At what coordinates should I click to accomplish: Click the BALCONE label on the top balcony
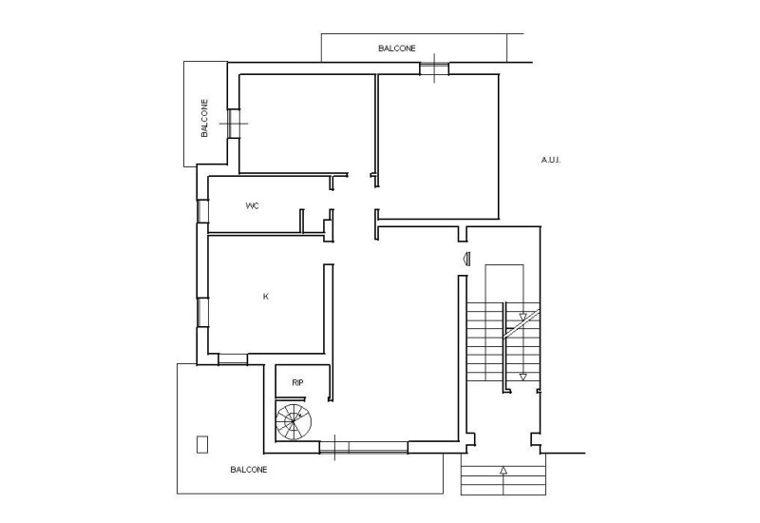(395, 48)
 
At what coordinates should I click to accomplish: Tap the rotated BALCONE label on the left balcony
(204, 120)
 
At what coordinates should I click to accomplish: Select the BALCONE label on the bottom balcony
(248, 470)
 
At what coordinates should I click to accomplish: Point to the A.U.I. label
(551, 160)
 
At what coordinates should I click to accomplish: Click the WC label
(252, 205)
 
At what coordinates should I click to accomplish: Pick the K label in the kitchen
(265, 297)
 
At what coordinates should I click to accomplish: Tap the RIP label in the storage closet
(297, 382)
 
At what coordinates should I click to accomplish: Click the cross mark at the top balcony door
(434, 68)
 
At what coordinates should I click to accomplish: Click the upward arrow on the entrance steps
(503, 470)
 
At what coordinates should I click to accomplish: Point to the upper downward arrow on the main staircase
(522, 316)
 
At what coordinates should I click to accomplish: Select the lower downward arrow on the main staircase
(522, 377)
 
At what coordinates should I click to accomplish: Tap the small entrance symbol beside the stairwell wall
(465, 258)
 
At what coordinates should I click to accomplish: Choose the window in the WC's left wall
(201, 210)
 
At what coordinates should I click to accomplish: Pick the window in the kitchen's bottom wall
(232, 359)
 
